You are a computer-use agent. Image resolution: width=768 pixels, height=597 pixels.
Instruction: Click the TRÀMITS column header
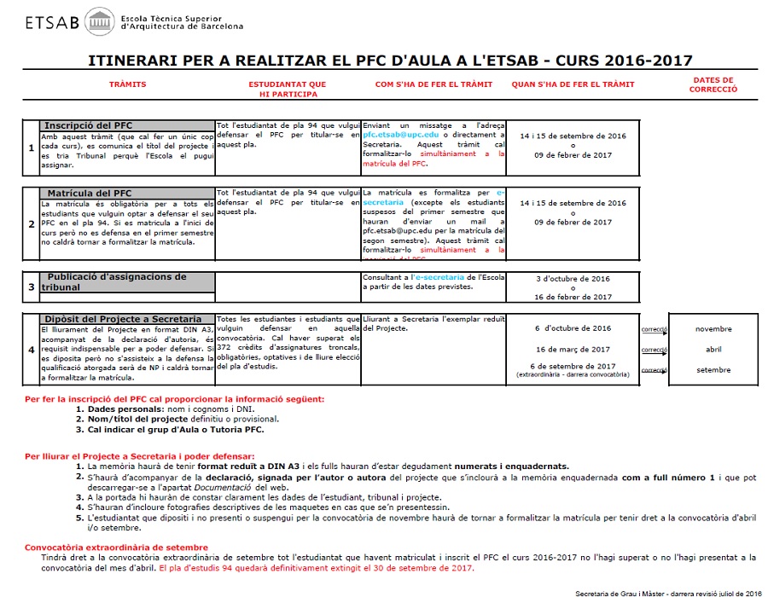pos(128,84)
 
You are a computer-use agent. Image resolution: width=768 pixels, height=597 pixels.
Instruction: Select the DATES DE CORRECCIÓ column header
pos(713,84)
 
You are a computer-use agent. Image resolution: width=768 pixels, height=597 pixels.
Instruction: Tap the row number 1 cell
pos(31,147)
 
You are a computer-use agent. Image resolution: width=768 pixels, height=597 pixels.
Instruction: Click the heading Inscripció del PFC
pos(88,125)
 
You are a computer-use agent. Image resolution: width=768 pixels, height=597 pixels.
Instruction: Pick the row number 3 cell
pos(31,287)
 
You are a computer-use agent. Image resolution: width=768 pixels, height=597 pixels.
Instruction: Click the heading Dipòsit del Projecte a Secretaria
pos(123,319)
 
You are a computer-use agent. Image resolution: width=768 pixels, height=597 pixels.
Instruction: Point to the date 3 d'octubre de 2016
pos(573,278)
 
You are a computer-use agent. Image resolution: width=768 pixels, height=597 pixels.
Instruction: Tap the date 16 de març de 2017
pos(573,349)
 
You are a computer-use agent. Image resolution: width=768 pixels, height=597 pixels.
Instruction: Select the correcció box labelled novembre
pos(713,328)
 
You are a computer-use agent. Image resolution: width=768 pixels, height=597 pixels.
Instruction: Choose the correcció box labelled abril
pos(713,349)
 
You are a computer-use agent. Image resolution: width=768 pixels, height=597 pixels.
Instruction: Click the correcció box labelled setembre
pos(713,370)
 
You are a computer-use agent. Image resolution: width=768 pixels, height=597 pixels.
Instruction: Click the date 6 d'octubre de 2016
pos(573,328)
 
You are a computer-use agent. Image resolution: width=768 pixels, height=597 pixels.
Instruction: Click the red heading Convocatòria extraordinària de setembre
pos(116,547)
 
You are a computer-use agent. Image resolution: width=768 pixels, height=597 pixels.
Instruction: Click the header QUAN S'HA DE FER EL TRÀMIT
pos(573,84)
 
